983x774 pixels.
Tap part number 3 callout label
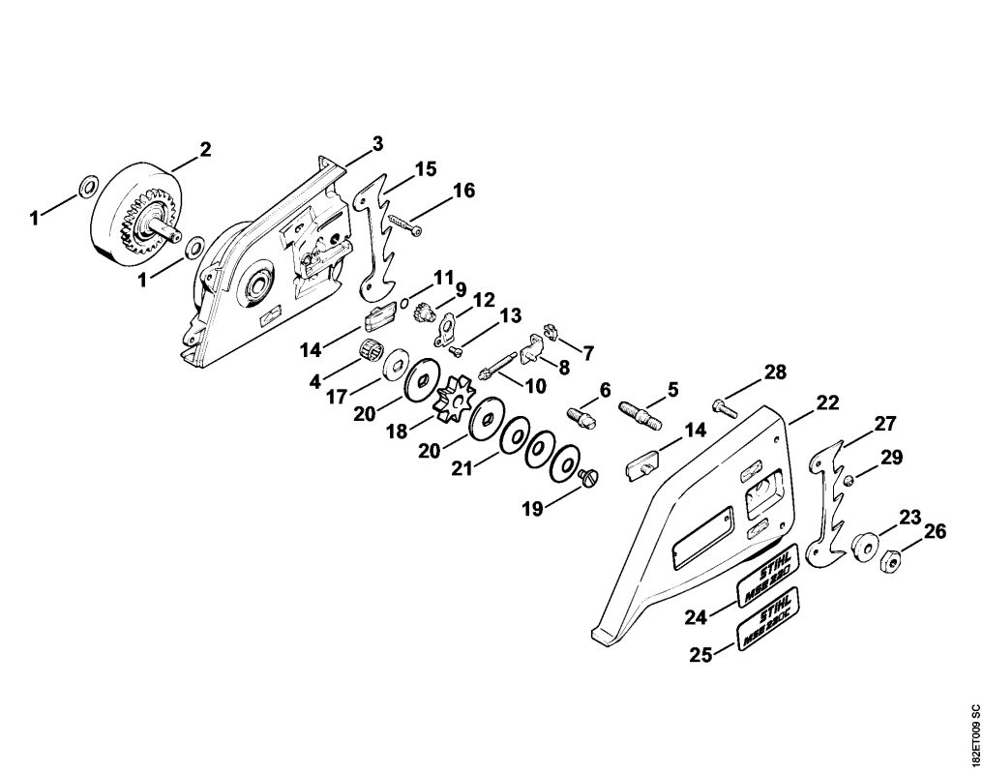tap(377, 143)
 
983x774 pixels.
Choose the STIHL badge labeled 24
tap(769, 575)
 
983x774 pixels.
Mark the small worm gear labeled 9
tap(422, 313)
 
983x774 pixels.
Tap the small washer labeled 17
tap(394, 366)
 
